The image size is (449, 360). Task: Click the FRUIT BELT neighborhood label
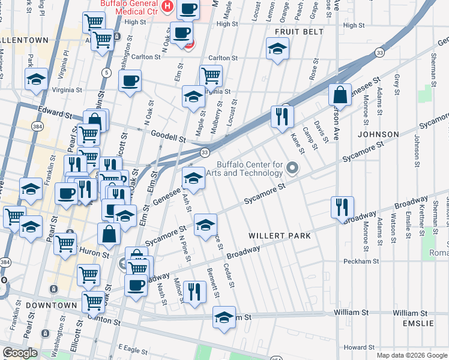[x=299, y=32]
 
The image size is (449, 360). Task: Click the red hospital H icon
[x=167, y=7]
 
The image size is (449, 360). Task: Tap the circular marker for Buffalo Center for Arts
[x=292, y=168]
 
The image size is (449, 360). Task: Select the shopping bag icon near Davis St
[x=340, y=95]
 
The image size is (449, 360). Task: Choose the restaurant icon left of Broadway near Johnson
[x=342, y=207]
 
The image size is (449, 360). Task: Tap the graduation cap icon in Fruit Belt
[x=277, y=49]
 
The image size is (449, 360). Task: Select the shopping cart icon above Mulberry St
[x=211, y=76]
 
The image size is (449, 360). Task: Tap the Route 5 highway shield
[x=106, y=73]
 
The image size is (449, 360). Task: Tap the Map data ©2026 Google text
[x=411, y=355]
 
